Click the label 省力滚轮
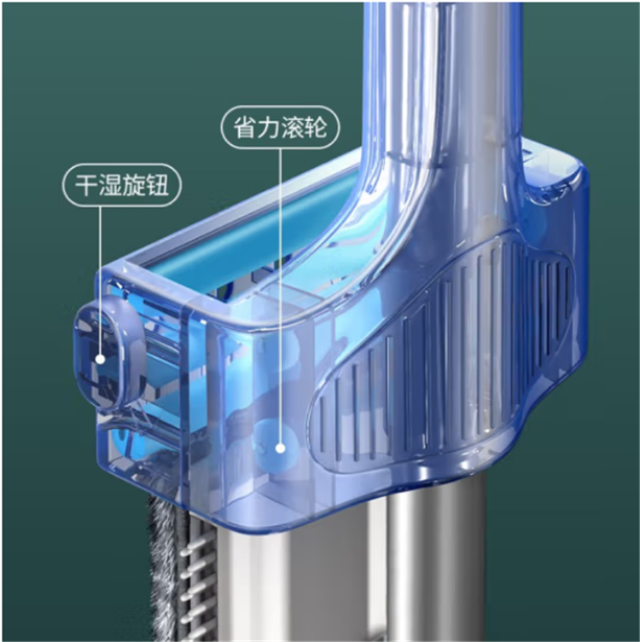[x=280, y=127]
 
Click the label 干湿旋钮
[x=122, y=185]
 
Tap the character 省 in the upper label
[x=246, y=127]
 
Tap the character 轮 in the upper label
[x=316, y=127]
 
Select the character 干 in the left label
[x=86, y=185]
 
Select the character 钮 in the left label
[x=157, y=185]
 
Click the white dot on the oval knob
[x=101, y=359]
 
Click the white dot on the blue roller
[x=280, y=448]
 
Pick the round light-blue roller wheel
[x=276, y=445]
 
